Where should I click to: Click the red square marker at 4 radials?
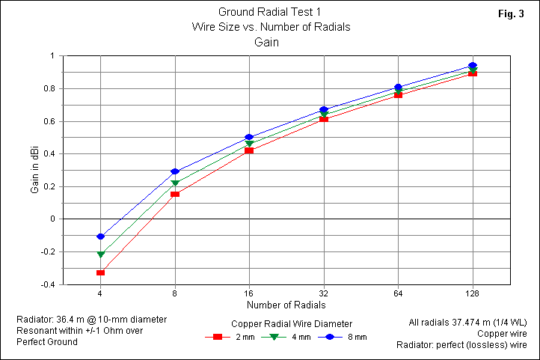[100, 272]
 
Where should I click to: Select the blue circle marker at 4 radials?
[100, 237]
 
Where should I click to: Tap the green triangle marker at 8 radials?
[175, 183]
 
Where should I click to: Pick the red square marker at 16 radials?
[249, 150]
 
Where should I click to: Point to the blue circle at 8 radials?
[175, 171]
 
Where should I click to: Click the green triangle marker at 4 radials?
[100, 254]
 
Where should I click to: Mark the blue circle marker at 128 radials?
[473, 66]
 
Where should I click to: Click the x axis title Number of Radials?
[286, 305]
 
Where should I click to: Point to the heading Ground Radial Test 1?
[270, 12]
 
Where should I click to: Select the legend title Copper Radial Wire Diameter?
[292, 323]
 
